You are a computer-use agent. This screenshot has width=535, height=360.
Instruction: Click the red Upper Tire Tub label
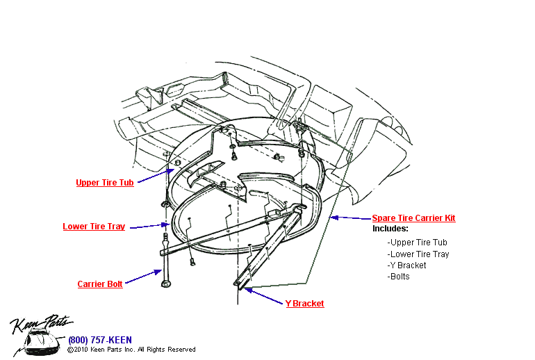click(104, 183)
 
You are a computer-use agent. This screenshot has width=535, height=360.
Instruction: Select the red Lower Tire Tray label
click(94, 227)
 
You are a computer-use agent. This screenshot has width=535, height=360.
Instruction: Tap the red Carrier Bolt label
click(100, 284)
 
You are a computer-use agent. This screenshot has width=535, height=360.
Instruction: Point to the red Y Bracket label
click(304, 304)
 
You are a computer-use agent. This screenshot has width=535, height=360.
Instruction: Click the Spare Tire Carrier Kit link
click(413, 218)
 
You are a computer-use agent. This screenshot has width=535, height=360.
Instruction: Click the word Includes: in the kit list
click(390, 229)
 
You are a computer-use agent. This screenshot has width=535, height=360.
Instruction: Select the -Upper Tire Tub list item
click(418, 243)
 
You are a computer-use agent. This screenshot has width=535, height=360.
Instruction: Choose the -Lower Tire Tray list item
click(418, 254)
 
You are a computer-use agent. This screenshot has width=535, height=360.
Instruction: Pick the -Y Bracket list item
click(407, 265)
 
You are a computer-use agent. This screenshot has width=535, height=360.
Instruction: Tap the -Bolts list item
click(399, 277)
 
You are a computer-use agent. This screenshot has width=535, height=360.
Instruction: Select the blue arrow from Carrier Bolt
click(144, 277)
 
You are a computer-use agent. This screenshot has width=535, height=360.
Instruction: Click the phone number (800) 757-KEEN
click(99, 341)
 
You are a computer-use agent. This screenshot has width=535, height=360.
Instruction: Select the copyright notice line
click(131, 350)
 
